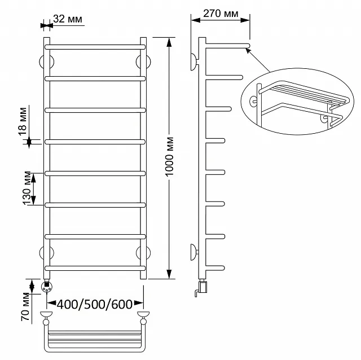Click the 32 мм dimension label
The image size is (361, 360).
coord(68,19)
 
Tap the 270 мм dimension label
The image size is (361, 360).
coord(221,14)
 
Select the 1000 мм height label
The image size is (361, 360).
coord(169,157)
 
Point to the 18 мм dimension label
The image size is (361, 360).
coord(23,121)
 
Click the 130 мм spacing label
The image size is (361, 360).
coord(27,188)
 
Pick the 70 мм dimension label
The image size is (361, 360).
coord(25,306)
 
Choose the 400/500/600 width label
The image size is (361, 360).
coord(95,305)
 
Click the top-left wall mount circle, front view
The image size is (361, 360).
coord(46,62)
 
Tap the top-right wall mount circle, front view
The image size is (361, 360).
coord(143,62)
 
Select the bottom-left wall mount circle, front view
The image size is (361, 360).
coord(46,253)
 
